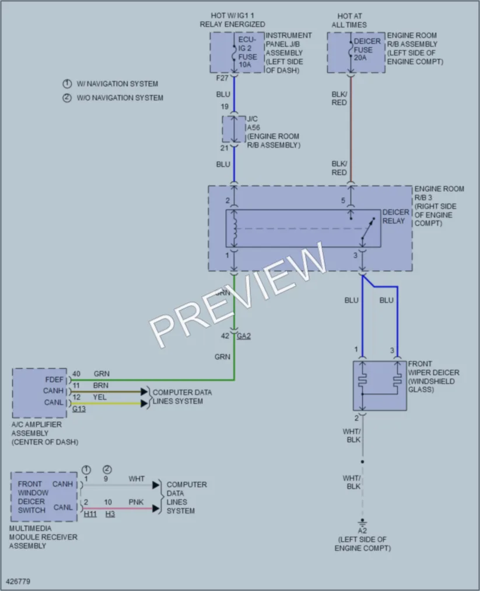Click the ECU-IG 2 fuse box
point(237,53)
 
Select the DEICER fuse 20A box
point(356,53)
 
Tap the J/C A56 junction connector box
point(234,130)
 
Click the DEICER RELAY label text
point(395,216)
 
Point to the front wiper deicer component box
point(380,386)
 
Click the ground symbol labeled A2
point(362,523)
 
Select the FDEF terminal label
point(54,379)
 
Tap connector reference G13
point(79,409)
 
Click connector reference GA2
point(244,336)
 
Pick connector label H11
point(90,514)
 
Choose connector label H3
point(110,514)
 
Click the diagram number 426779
point(18,581)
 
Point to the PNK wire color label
point(136,502)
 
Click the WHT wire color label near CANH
point(136,478)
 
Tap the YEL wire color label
point(100,397)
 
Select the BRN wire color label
point(100,385)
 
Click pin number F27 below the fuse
point(222,78)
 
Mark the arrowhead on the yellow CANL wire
point(144,403)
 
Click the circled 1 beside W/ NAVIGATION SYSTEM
point(67,83)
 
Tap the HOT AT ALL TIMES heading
point(349,20)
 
